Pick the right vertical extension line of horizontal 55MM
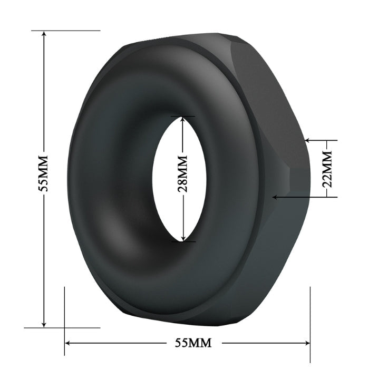click(x=310, y=316)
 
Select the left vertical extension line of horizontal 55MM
click(x=64, y=316)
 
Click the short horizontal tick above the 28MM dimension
click(x=182, y=116)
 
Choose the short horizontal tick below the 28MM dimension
click(x=182, y=242)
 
